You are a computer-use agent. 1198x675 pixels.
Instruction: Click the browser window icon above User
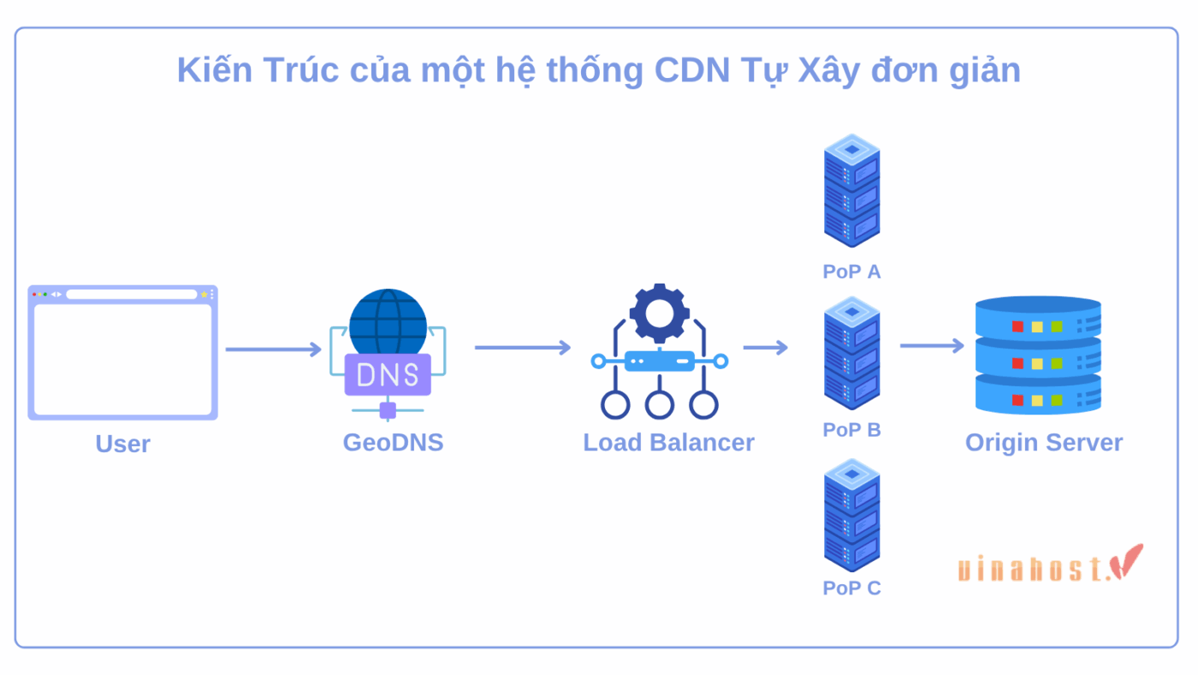[x=122, y=352]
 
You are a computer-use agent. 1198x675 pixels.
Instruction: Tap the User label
[x=122, y=444]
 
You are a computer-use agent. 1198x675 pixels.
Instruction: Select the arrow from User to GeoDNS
[x=273, y=349]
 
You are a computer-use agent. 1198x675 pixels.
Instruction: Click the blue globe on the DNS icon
[x=388, y=321]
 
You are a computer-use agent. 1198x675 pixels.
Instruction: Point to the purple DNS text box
[x=388, y=374]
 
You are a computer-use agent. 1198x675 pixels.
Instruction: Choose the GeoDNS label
[x=393, y=442]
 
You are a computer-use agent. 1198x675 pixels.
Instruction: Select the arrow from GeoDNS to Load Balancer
[x=522, y=348]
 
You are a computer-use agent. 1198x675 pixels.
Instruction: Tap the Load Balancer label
[x=668, y=442]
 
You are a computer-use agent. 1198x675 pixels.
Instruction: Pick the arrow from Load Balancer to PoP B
[x=765, y=348]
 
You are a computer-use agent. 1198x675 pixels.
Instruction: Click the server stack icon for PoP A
[x=851, y=190]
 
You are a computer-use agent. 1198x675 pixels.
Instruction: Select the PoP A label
[x=851, y=272]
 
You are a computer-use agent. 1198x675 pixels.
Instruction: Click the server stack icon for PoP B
[x=851, y=353]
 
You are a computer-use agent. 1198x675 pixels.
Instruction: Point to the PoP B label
[x=851, y=429]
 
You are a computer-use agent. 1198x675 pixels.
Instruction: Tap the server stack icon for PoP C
[x=851, y=515]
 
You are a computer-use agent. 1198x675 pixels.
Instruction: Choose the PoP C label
[x=851, y=588]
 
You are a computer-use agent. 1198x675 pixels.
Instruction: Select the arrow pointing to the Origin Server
[x=932, y=346]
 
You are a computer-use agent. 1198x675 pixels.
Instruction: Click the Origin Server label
[x=1043, y=442]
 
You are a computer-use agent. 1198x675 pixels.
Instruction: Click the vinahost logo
[x=1049, y=565]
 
